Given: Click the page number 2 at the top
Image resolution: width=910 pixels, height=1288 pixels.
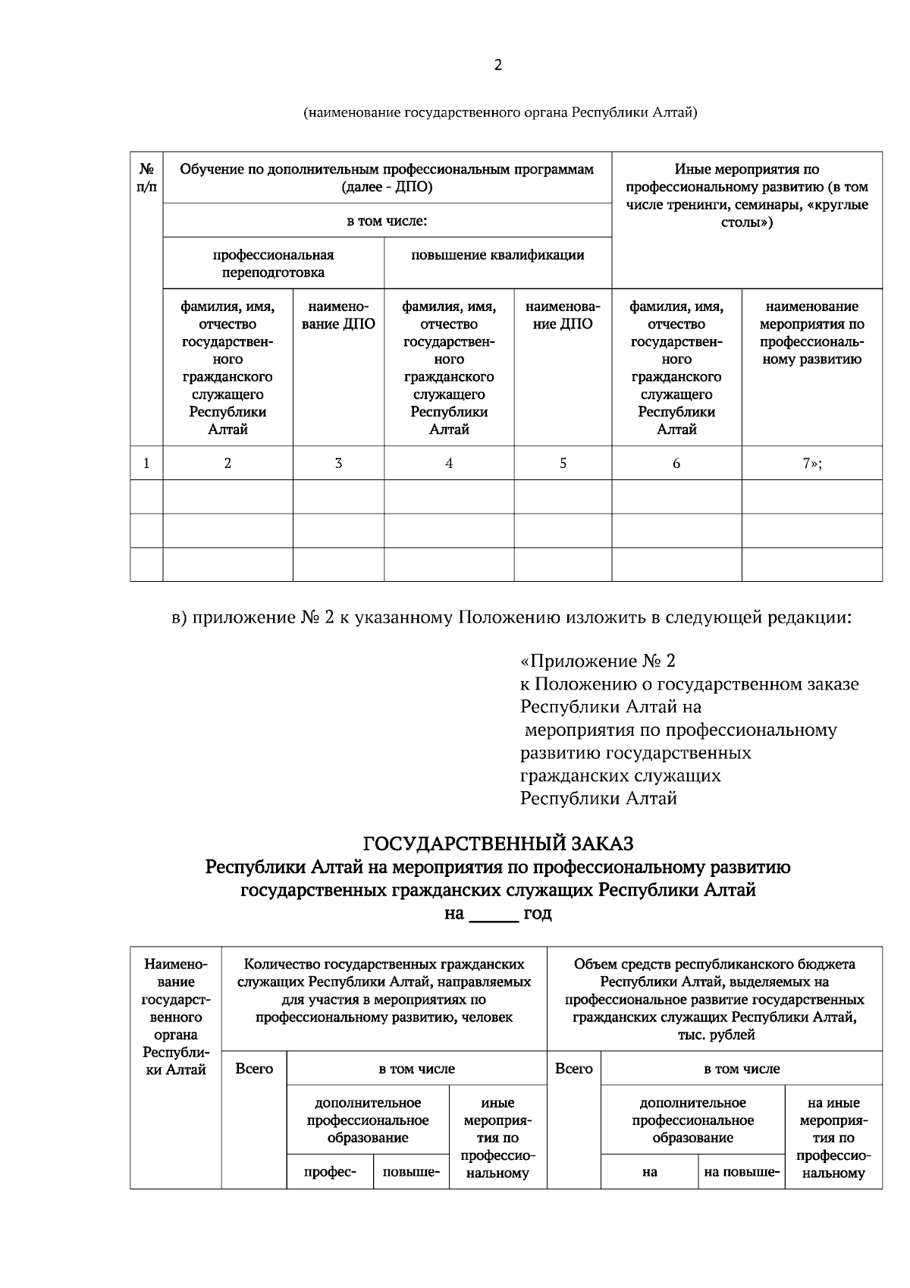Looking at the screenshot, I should click(497, 65).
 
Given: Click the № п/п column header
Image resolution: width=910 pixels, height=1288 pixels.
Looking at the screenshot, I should click(146, 177).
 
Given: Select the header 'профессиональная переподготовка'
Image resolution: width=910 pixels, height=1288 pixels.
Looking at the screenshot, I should click(273, 263).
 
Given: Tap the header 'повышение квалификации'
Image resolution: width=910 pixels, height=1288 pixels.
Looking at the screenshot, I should click(497, 256).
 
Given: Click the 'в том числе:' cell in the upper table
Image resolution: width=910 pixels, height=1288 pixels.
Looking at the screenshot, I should click(387, 221).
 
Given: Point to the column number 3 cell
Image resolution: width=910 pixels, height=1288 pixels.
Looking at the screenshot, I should click(338, 463).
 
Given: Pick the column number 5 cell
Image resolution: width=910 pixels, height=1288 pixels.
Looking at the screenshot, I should click(563, 463).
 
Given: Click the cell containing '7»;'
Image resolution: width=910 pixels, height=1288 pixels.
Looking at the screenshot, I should click(812, 463).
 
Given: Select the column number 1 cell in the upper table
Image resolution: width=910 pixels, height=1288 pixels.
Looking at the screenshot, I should click(146, 463).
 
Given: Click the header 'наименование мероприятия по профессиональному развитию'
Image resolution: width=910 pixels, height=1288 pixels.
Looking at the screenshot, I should click(812, 333).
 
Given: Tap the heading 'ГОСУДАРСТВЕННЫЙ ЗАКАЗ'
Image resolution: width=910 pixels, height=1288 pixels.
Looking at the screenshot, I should click(498, 843).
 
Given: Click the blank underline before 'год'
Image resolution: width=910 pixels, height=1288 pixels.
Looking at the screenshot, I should click(494, 915).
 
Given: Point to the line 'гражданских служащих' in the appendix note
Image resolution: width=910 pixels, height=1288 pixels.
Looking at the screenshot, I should click(620, 776).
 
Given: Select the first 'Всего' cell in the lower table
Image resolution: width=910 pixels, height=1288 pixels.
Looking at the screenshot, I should click(254, 1069).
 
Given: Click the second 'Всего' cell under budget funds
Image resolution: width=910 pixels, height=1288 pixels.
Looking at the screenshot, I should click(574, 1069).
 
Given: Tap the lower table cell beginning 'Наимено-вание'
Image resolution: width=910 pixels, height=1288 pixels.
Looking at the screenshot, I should click(175, 1016).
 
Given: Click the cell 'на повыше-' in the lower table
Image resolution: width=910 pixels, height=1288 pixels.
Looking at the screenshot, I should click(742, 1172).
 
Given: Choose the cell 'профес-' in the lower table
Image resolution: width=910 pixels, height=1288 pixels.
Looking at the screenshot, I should click(330, 1172).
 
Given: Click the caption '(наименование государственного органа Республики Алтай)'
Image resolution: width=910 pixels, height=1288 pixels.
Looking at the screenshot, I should click(500, 113).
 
